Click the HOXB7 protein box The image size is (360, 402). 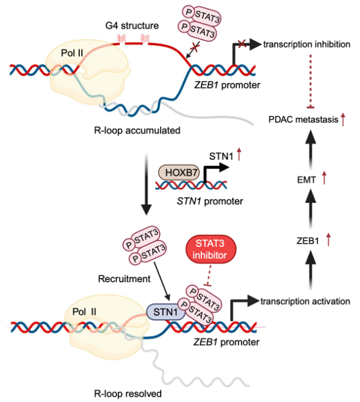tap(179, 173)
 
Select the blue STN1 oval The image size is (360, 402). tap(165, 312)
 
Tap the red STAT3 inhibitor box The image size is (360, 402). tap(211, 249)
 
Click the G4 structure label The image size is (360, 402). tap(132, 26)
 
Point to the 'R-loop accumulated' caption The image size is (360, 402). tap(137, 131)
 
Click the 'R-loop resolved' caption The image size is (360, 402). tap(128, 393)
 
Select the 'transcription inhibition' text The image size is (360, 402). tap(307, 45)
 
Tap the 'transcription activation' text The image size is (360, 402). tap(305, 301)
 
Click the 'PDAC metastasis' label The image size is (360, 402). tap(303, 120)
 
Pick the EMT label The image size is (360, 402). tap(306, 180)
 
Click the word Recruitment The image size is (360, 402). tap(124, 279)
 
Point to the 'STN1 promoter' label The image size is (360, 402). tap(210, 201)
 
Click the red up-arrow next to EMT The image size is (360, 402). tap(325, 178)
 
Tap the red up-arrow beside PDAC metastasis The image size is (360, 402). tap(343, 120)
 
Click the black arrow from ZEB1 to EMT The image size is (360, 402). tap(311, 209)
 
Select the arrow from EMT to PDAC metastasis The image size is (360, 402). tap(311, 149)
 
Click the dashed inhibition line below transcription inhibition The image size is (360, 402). tap(311, 81)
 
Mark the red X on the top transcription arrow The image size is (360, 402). tap(242, 43)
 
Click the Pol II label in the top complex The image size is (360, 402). tap(72, 53)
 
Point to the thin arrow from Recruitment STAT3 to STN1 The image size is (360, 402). tap(162, 281)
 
